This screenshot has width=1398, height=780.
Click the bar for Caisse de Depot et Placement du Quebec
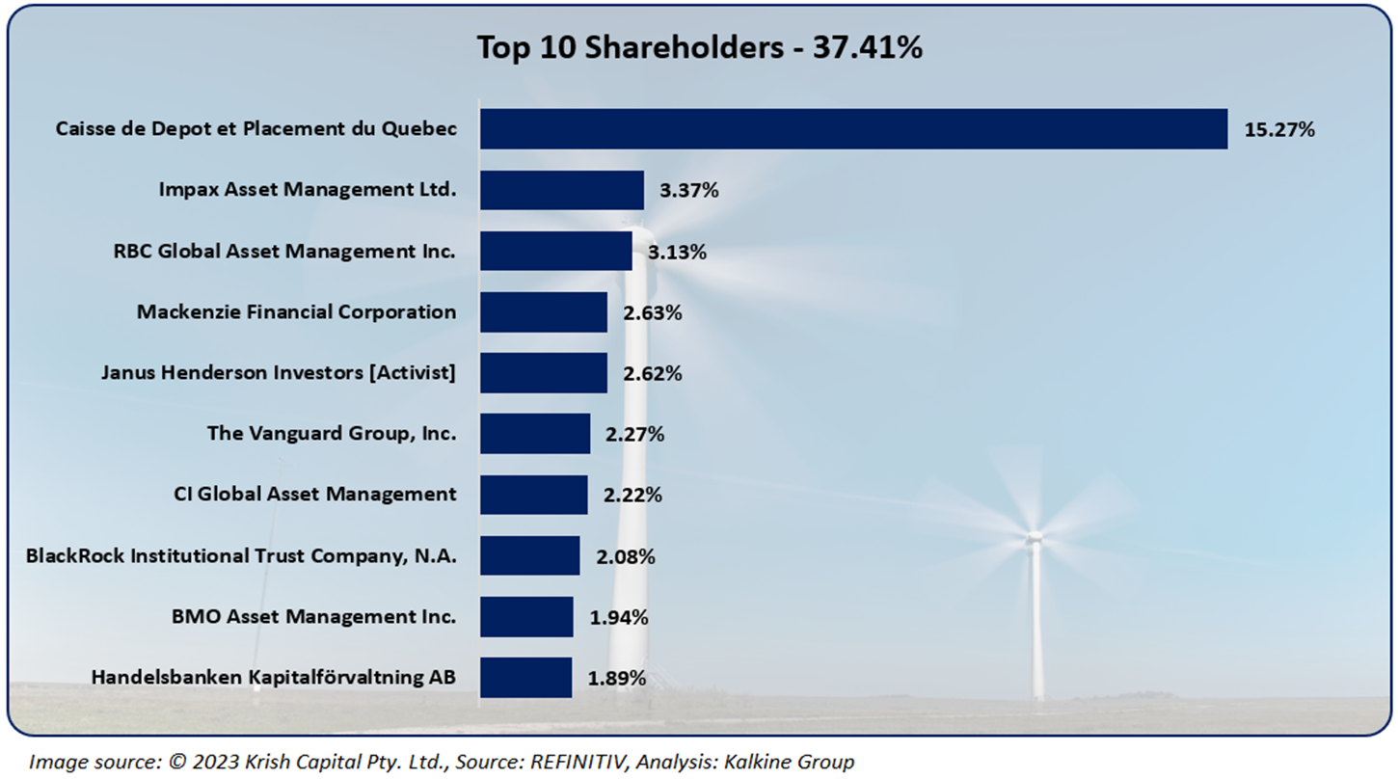point(853,128)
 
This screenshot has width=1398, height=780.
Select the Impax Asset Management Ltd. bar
point(561,190)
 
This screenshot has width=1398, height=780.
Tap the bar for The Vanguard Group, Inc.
point(534,433)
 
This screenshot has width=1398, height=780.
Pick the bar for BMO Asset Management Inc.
point(525,616)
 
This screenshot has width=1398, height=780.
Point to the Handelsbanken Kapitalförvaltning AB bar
point(524,677)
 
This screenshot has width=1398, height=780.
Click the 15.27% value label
point(1279,129)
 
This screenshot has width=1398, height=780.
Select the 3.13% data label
point(678,252)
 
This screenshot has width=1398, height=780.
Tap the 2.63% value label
point(653,312)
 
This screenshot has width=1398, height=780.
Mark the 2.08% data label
point(626,556)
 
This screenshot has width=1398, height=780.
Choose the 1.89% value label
point(617,678)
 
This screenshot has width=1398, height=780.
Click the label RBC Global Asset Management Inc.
point(284,251)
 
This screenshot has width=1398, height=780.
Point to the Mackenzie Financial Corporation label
point(296,311)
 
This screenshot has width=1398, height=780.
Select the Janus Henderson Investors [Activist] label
point(278,372)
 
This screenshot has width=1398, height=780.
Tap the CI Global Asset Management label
point(314,494)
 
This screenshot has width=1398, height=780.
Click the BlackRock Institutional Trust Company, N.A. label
point(241,555)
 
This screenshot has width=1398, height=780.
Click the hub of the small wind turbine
point(1034,535)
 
